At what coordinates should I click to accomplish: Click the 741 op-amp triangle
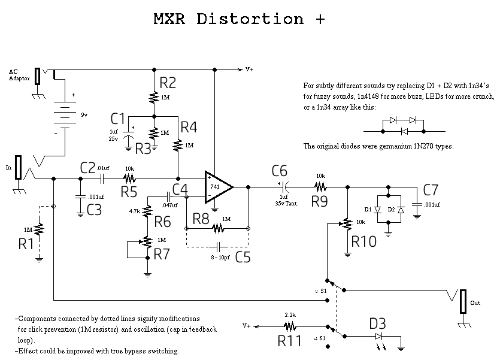217,186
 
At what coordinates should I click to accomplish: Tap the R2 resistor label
169,83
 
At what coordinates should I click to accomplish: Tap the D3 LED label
377,324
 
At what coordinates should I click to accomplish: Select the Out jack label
475,303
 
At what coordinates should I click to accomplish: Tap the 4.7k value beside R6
135,211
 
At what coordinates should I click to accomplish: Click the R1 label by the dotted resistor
26,244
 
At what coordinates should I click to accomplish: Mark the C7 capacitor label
431,190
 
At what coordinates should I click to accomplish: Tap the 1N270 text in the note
424,146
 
